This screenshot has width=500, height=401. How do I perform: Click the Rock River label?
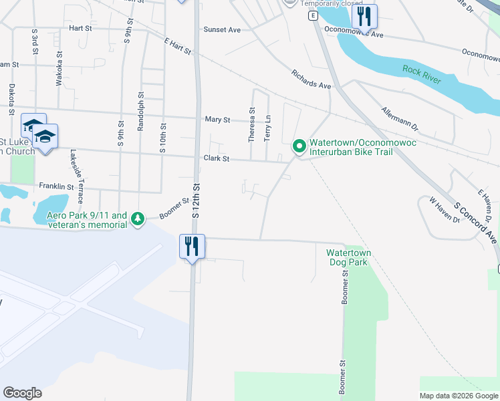tap(422, 74)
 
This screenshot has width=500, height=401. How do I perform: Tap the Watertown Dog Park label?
tap(348, 257)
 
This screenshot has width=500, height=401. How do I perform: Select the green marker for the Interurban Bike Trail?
tap(299, 145)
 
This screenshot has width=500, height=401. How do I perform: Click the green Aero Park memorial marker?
tap(138, 218)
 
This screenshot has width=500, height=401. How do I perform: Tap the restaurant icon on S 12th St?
tap(192, 245)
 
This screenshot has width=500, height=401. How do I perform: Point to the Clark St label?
tap(217, 159)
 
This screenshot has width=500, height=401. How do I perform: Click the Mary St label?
tap(217, 120)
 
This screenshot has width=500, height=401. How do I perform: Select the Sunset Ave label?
tap(222, 30)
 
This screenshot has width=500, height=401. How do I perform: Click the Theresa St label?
tap(252, 125)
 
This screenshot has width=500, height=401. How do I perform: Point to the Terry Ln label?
tap(267, 126)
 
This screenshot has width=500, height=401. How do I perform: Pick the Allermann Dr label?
tap(399, 118)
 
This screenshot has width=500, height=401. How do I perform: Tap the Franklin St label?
tap(55, 186)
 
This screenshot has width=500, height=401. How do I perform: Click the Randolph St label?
tap(141, 111)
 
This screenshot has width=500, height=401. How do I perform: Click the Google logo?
tap(22, 393)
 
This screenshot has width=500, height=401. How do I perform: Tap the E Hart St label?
tap(177, 45)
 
